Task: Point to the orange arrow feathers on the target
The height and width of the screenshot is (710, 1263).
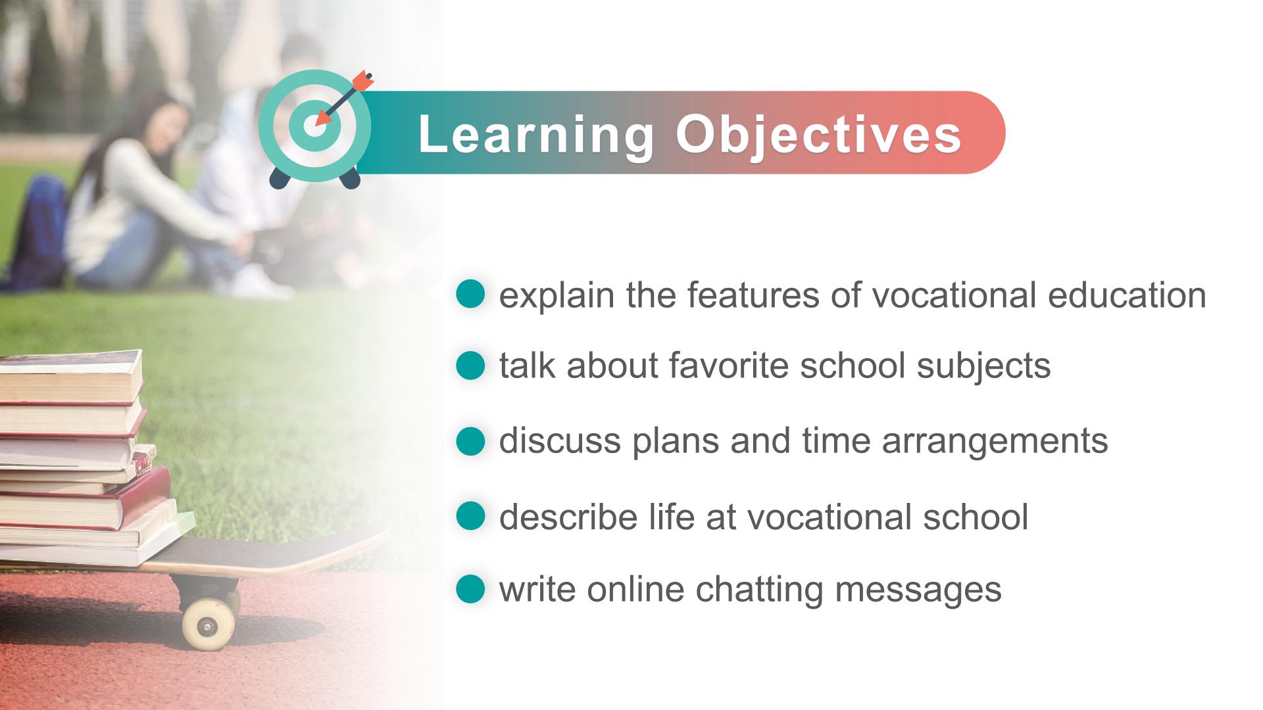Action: click(x=362, y=81)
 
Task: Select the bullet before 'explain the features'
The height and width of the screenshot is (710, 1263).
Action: click(x=470, y=295)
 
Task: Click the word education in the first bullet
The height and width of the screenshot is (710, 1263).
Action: click(x=1127, y=295)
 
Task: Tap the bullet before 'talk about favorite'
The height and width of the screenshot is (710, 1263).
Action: click(x=470, y=365)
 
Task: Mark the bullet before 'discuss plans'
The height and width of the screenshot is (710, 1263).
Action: click(x=470, y=440)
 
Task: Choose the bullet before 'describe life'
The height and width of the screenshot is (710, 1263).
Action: click(x=470, y=516)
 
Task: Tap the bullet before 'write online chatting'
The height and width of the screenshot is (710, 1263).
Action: click(x=470, y=589)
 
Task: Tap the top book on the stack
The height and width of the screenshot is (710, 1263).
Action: click(x=70, y=375)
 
